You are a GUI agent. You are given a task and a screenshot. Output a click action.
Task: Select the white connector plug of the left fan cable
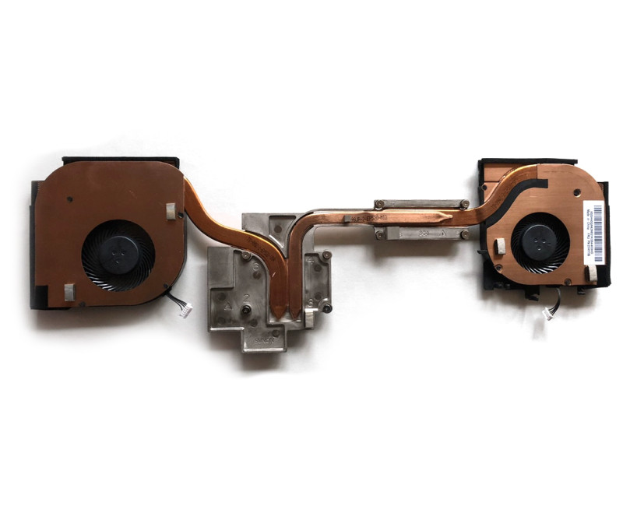coord(185,311)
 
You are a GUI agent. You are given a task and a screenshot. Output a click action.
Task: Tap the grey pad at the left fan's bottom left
coord(69,292)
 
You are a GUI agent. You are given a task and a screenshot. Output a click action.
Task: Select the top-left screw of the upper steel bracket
coord(378,206)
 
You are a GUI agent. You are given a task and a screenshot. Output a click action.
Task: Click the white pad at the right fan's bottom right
coord(593,272)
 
